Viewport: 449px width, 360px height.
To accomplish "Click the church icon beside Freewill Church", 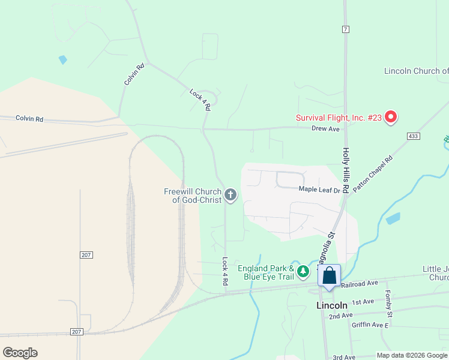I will pos(231,194).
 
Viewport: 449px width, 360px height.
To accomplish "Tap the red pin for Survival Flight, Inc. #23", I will pos(391,116).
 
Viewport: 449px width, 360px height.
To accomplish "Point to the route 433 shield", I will pos(412,136).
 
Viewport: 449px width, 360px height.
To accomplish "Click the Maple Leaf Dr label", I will pos(319,190).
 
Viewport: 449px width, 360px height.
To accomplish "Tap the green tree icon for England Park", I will pos(304,272).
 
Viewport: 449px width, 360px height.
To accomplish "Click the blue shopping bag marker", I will pos(330,277).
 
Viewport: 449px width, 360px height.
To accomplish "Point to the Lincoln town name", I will pos(332,305).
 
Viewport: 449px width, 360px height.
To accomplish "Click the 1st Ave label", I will pos(363,302).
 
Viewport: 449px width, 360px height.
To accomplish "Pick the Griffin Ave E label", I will pos(370,325).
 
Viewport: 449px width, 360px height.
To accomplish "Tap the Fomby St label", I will pos(389,304).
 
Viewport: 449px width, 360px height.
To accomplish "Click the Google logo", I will pos(20,353).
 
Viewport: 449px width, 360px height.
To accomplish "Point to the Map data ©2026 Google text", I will pos(412,355).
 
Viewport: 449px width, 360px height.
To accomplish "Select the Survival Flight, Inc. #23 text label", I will pos(339,118).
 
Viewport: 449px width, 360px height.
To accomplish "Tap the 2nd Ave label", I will pos(340,316).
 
